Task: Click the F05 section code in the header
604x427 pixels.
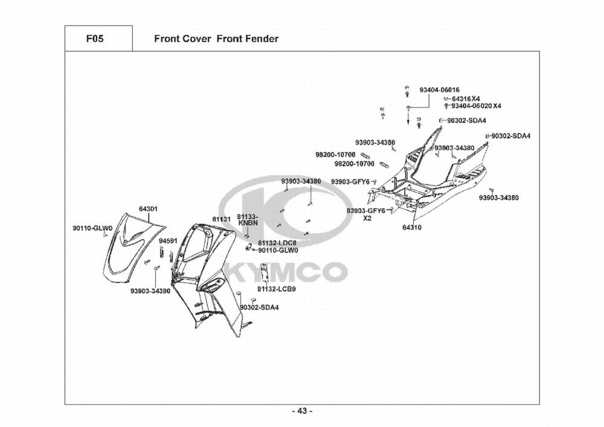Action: pos(95,39)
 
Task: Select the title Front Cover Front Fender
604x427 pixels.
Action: pos(216,39)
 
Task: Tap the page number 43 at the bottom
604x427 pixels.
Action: pos(302,411)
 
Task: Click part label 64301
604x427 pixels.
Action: pos(148,209)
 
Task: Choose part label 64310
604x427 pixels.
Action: pos(412,228)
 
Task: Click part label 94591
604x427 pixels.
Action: pos(168,240)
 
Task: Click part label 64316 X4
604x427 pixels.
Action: pos(466,98)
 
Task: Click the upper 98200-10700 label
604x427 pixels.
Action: pos(335,155)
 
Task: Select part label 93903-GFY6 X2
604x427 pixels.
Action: pos(366,214)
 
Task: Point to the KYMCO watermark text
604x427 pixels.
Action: pos(284,270)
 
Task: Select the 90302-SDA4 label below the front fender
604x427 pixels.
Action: pos(259,307)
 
